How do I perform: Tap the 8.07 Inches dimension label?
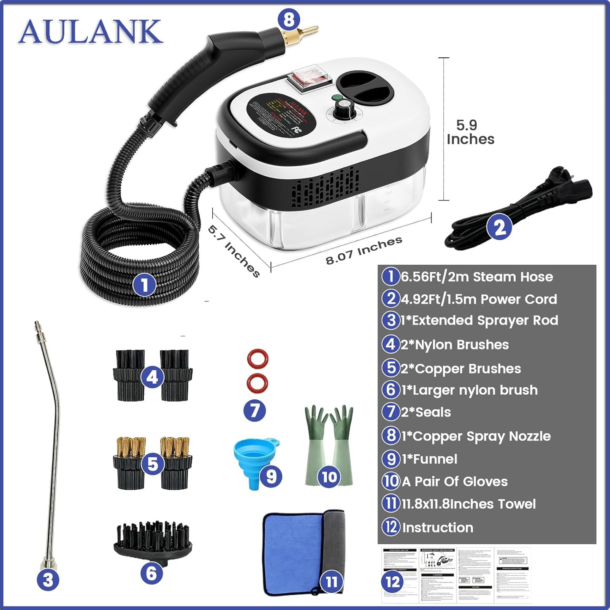[x=363, y=251]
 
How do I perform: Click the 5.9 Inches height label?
[x=470, y=132]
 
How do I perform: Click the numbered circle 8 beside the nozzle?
[x=289, y=19]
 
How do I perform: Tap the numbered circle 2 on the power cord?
[x=500, y=228]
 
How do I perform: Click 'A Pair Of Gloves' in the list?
[x=454, y=481]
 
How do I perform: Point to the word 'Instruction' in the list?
[x=437, y=527]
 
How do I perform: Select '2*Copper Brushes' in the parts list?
[x=461, y=369]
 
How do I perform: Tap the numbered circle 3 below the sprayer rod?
[x=48, y=580]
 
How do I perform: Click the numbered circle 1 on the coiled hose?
[x=144, y=285]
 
